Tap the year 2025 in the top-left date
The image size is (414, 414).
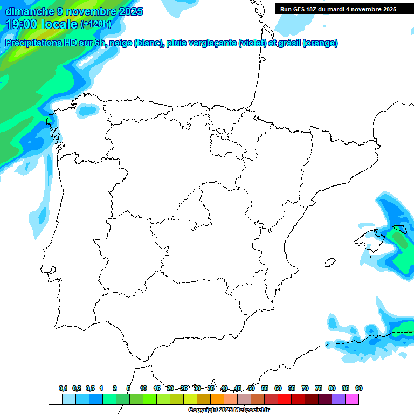tap(130, 11)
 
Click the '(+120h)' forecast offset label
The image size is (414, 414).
tap(95, 24)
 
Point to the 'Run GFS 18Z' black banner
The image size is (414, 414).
tap(343, 9)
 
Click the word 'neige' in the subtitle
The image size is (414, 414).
tap(120, 43)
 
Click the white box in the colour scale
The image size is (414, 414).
tap(55, 399)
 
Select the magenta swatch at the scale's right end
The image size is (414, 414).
tap(353, 399)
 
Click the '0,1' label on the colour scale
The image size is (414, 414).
tap(63, 388)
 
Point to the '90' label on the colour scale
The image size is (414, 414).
tap(359, 388)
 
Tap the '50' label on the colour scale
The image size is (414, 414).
tap(251, 388)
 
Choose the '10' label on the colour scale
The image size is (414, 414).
tap(143, 388)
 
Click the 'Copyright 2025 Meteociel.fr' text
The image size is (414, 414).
tap(229, 410)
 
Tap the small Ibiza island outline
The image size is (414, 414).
tap(327, 263)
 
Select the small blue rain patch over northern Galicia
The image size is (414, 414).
tap(86, 111)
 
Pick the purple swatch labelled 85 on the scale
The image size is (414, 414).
tap(339, 399)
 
